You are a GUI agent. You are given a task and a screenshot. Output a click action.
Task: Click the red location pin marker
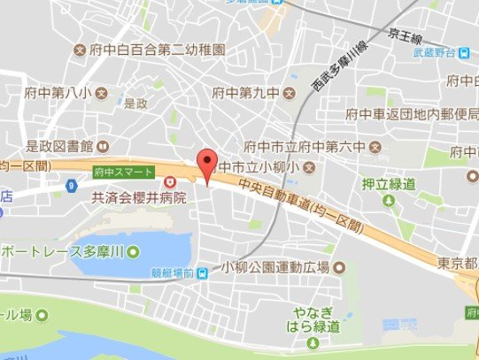207,164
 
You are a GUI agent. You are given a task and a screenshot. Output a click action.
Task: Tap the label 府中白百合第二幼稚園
157,49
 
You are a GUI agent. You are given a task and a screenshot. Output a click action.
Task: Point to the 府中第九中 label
243,92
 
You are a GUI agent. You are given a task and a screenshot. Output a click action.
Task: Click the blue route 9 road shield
70,185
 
